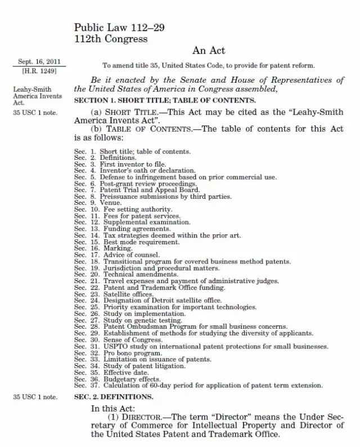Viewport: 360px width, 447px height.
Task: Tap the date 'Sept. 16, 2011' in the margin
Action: tap(39, 62)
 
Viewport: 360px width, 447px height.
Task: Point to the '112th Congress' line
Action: tap(111, 39)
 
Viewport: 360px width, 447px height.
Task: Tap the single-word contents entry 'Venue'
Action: tap(110, 203)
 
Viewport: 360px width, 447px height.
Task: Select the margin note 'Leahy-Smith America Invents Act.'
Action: tap(37, 96)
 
